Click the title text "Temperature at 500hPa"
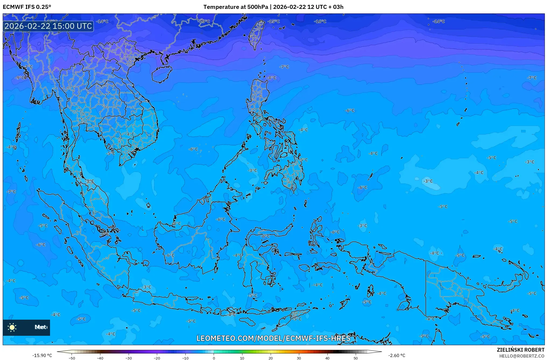235,7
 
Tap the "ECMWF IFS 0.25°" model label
27,7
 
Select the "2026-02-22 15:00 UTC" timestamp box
48,26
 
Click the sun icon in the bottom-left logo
12,327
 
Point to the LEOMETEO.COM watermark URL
273,338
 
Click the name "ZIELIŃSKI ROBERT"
520,350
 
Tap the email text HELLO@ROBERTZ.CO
522,356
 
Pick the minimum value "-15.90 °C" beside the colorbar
42,355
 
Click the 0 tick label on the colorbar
214,358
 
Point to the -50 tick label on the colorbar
72,358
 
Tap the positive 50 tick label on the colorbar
356,358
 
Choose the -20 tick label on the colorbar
157,358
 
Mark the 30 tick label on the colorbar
299,358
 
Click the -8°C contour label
272,78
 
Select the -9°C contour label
20,78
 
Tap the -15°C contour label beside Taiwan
274,21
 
